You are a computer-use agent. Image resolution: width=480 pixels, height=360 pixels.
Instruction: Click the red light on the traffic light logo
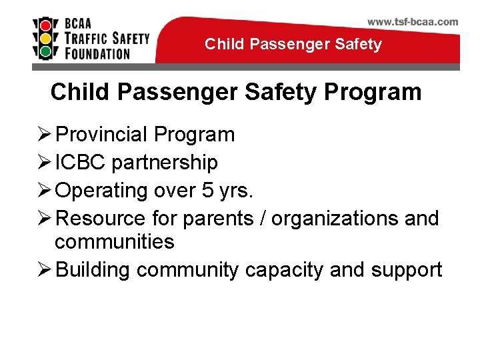(x=45, y=24)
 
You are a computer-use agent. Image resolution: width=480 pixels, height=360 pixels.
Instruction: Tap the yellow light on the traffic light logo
(x=45, y=37)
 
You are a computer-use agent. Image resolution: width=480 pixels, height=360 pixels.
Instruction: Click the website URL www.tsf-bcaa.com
(x=413, y=21)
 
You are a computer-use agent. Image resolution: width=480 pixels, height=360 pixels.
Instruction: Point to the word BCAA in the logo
(x=81, y=23)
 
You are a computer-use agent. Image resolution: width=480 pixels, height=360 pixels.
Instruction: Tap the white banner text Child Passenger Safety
(x=293, y=45)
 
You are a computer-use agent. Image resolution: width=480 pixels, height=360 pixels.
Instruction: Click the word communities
(x=115, y=241)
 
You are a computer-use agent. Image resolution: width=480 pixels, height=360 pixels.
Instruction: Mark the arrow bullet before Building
(x=44, y=269)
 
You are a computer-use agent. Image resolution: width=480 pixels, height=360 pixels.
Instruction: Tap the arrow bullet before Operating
(x=44, y=191)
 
